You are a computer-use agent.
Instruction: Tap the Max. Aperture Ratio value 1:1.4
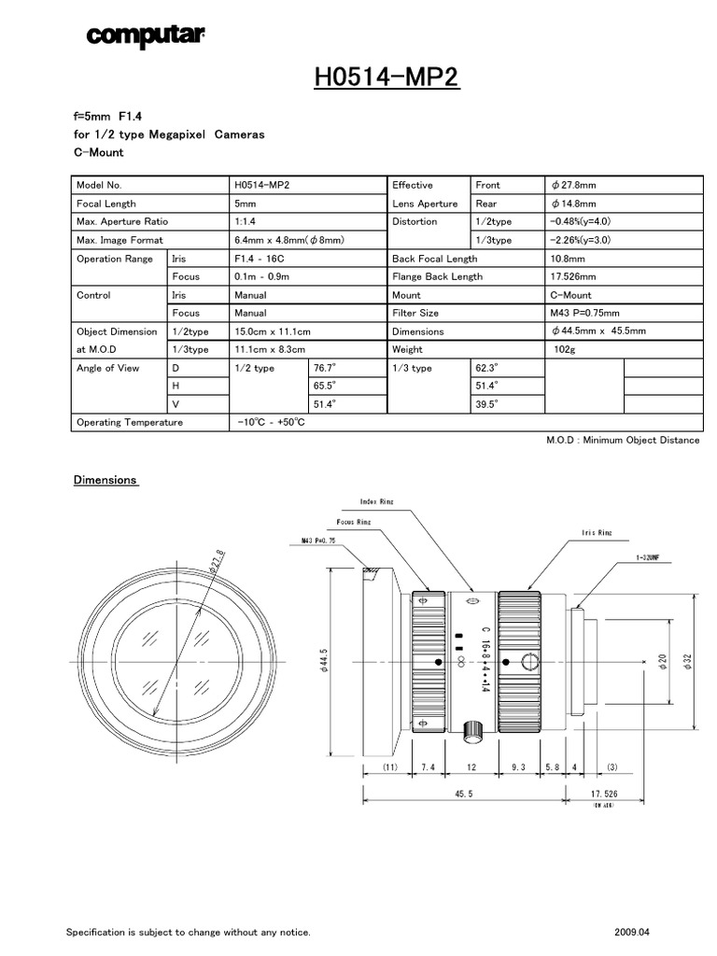[248, 222]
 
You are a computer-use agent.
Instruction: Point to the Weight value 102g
[567, 349]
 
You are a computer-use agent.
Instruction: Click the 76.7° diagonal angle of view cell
[325, 368]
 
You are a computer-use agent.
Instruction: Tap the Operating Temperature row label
[130, 423]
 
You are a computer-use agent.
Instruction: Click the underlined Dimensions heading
[105, 480]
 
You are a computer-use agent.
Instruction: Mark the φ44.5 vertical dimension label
[325, 663]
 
